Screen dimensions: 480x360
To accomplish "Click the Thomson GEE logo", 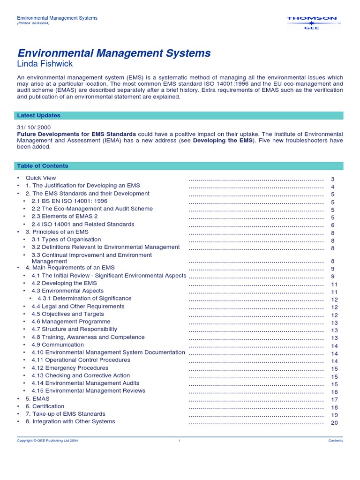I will [x=311, y=22].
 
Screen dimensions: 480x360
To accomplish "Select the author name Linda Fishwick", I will [x=45, y=64].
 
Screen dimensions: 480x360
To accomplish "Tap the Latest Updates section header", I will [x=38, y=115].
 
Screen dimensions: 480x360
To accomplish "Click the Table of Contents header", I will [x=42, y=166].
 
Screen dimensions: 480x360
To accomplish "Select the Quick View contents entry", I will [x=41, y=178].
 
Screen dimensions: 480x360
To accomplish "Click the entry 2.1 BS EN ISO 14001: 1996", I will [x=69, y=201].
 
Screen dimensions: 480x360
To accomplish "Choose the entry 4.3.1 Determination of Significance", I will [x=84, y=298].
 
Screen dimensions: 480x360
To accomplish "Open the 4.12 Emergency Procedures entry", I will [x=70, y=368].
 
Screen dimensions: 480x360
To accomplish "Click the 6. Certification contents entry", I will [x=45, y=406].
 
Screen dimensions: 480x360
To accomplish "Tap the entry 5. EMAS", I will [x=37, y=398].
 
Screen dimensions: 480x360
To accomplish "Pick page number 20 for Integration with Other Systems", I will [x=334, y=423].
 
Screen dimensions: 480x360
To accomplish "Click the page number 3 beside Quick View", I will [x=333, y=180].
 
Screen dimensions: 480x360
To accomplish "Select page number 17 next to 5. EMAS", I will [x=334, y=400].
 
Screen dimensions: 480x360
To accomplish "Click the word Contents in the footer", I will [x=336, y=441].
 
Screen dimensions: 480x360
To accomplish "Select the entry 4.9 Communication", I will [x=58, y=345].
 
